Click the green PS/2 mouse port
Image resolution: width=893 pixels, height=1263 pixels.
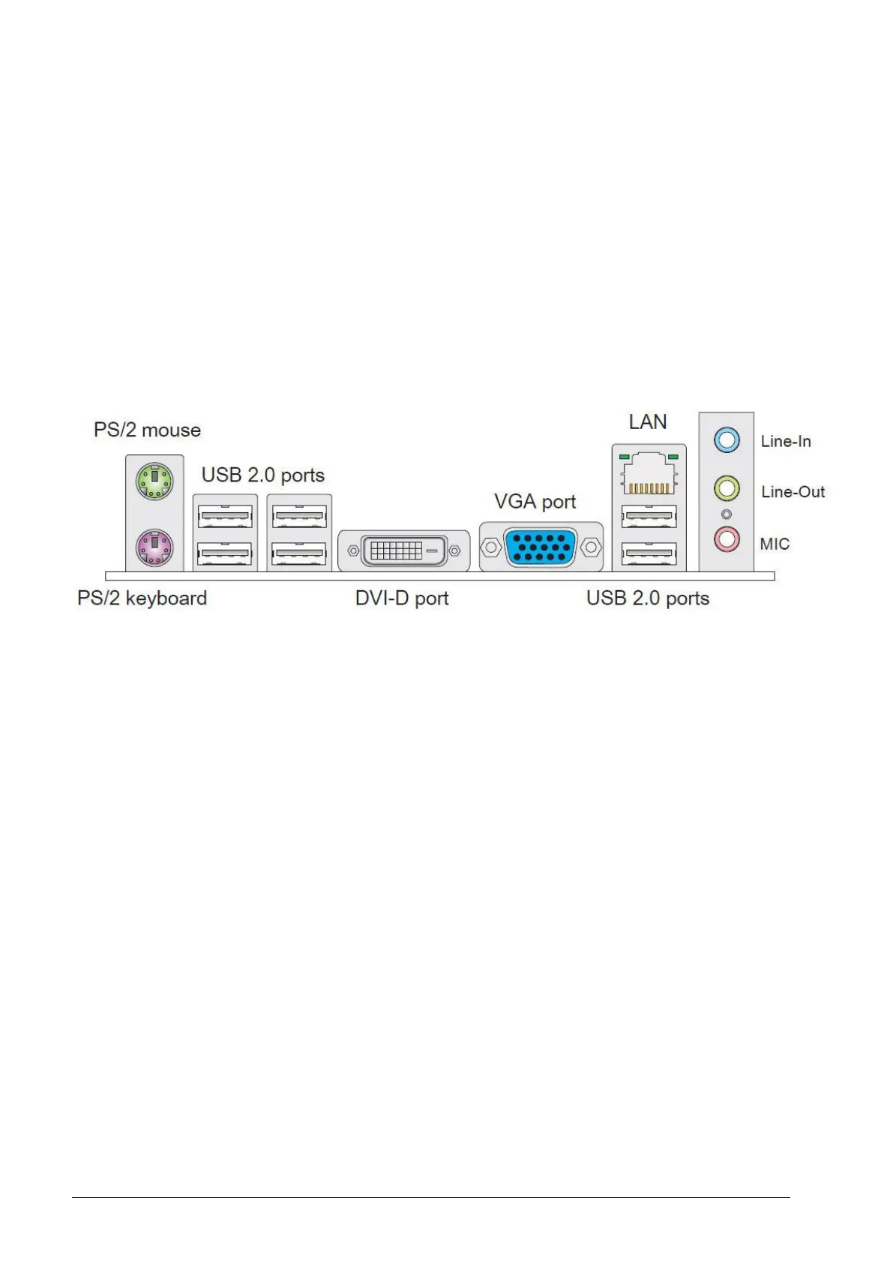coord(154,480)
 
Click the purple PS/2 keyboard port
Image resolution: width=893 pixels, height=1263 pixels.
coord(154,547)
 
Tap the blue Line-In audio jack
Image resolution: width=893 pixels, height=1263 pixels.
coord(727,439)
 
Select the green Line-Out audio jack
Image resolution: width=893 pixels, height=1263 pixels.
coord(727,489)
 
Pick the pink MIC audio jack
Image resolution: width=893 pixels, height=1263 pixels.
coord(727,538)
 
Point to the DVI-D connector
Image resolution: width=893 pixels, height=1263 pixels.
coord(403,551)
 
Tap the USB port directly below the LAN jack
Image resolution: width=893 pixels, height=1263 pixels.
coord(649,517)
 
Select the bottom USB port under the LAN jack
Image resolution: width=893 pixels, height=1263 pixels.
coord(649,553)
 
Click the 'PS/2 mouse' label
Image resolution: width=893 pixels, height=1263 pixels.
coord(147,430)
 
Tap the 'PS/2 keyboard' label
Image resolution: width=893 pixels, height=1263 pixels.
coord(142,598)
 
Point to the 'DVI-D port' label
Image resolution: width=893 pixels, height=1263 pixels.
coord(402,598)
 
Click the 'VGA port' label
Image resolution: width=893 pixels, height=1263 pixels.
coord(535,501)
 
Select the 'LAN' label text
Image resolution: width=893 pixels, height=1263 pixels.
coord(648,422)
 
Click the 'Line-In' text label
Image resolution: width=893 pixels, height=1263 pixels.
coord(786,441)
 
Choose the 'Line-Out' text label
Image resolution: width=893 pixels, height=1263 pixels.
coord(793,492)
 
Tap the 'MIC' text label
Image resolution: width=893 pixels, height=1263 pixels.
coord(775,544)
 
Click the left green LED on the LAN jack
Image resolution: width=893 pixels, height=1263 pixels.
coord(624,456)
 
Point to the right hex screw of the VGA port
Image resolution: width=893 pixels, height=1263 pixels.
coord(592,547)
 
